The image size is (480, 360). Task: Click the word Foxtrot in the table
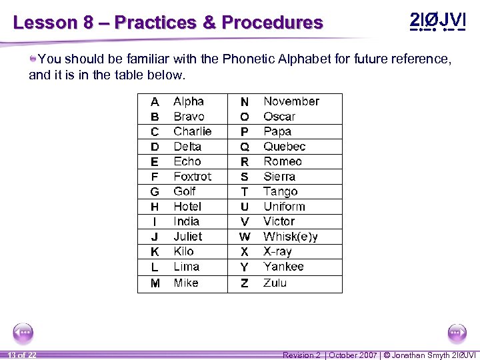point(192,177)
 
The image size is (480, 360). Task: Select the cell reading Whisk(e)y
point(291,237)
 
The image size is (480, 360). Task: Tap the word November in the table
point(291,101)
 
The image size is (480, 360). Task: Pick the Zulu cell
point(275,283)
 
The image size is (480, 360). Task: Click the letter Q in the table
point(245,147)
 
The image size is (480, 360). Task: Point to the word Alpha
point(189,101)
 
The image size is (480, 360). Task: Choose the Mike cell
point(186,283)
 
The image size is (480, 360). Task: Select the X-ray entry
point(277,251)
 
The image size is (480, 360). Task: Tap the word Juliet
point(187,237)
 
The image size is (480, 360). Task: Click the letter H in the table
point(155,207)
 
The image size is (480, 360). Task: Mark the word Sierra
point(279,177)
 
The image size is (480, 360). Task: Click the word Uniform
point(284,207)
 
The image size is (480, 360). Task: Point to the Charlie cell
point(192,131)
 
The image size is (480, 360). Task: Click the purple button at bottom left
point(23,332)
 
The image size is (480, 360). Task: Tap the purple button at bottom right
point(457,332)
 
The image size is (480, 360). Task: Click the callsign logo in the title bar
point(437,21)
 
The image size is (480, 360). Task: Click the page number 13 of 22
point(23,355)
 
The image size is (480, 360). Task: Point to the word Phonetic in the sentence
point(251,59)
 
